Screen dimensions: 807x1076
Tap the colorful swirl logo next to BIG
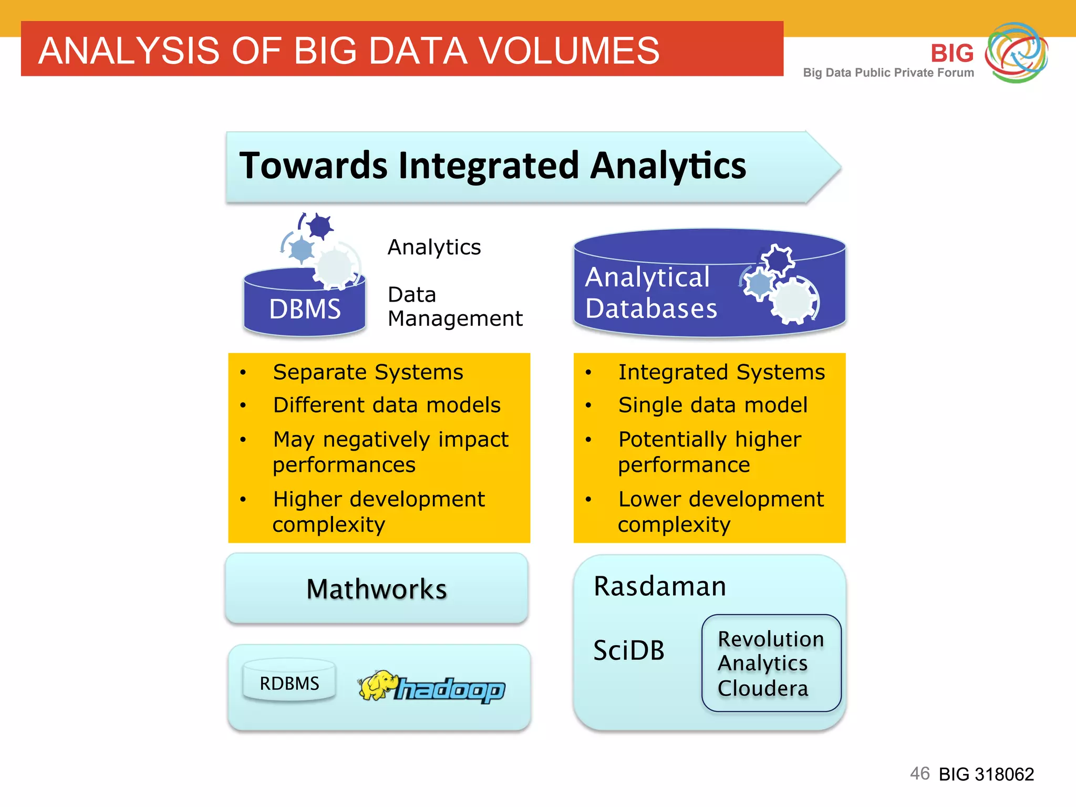[1016, 53]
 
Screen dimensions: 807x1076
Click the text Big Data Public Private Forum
[888, 73]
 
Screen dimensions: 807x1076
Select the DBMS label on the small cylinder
[305, 309]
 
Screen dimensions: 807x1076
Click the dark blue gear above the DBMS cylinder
[319, 226]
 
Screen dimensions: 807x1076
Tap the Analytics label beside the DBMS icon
[434, 247]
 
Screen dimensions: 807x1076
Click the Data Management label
[454, 306]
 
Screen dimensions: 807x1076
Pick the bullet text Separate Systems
[368, 372]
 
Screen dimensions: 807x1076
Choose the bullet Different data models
[387, 405]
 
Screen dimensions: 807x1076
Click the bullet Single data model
[712, 405]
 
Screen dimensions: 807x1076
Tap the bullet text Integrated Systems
[721, 372]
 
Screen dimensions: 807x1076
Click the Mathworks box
[377, 588]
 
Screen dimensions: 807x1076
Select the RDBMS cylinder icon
[289, 681]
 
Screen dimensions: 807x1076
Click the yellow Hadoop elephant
[376, 685]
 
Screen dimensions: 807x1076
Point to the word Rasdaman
[660, 586]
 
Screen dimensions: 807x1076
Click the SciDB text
[628, 650]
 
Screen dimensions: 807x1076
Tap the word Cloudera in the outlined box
[762, 688]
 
